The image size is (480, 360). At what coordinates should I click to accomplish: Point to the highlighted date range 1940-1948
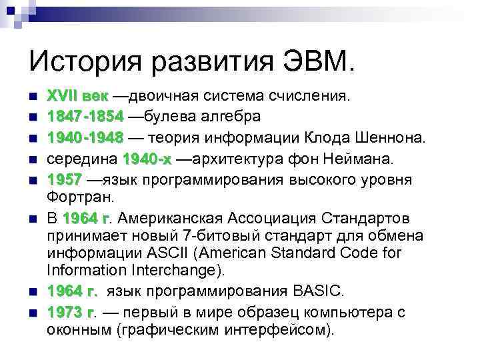click(85, 137)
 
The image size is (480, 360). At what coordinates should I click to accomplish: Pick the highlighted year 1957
click(65, 180)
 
